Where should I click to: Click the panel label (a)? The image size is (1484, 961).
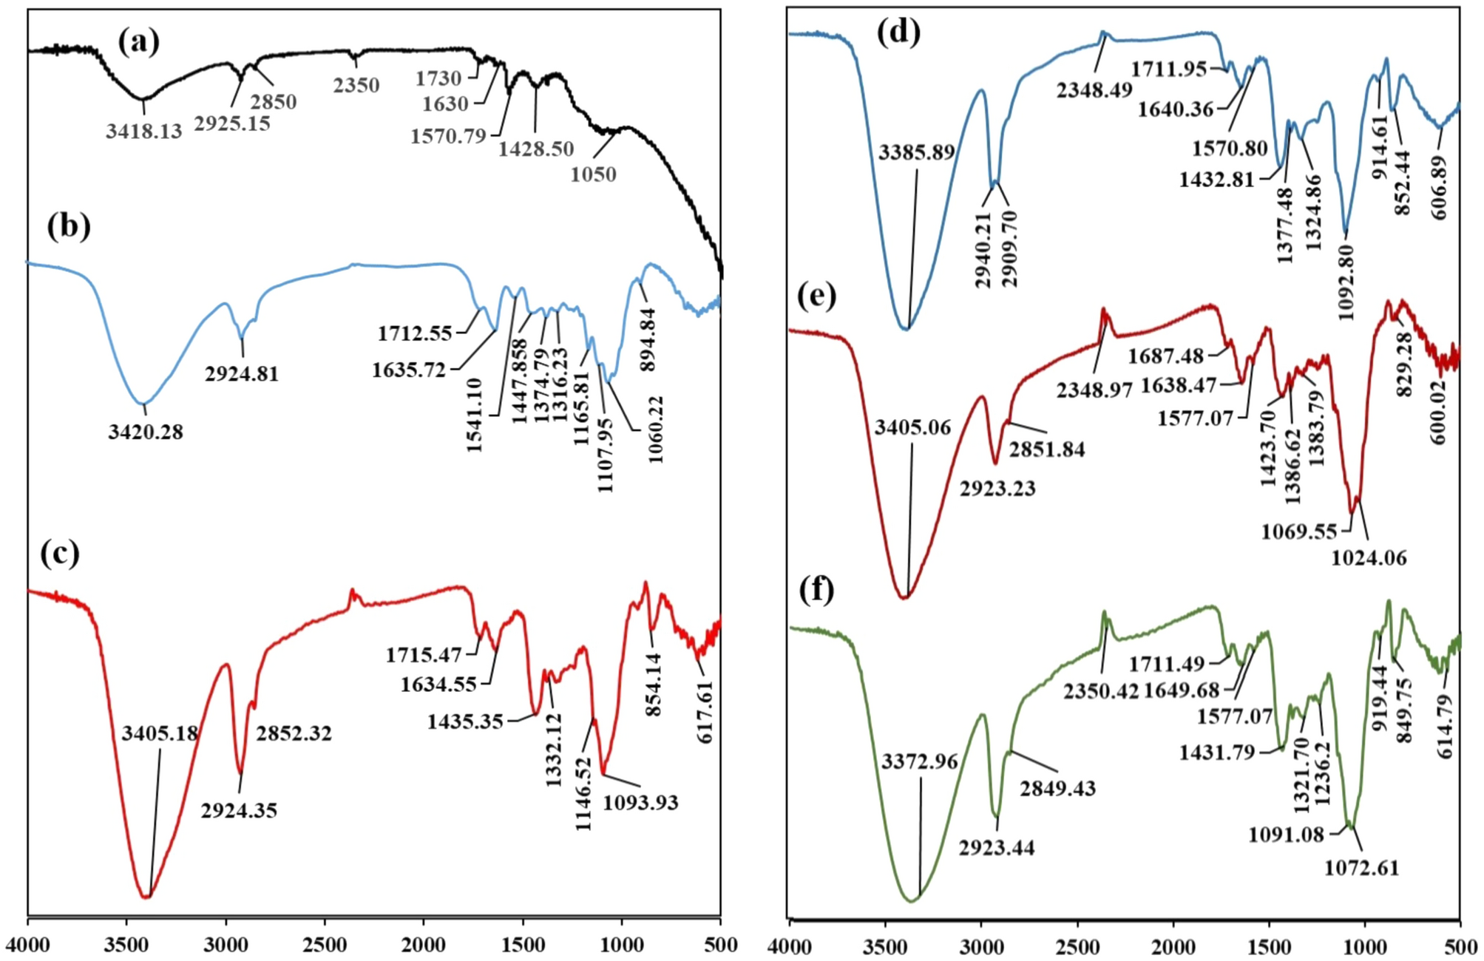tap(138, 43)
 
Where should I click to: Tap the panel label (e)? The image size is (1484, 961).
tap(817, 296)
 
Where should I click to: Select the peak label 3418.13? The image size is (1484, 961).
tap(143, 132)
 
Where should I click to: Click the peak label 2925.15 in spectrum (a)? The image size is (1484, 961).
tap(232, 123)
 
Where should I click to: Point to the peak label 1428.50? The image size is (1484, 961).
tap(535, 149)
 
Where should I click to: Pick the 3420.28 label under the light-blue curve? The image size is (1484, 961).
tap(146, 432)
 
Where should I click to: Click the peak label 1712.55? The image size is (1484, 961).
tap(415, 333)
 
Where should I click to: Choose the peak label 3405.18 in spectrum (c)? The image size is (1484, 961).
tap(160, 733)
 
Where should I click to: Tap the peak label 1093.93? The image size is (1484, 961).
tap(640, 802)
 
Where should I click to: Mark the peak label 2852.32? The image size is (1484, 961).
tap(294, 733)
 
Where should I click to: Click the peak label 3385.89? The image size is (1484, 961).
tap(917, 152)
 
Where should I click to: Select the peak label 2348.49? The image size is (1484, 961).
tap(1094, 90)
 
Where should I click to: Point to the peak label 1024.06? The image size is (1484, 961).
tap(1369, 558)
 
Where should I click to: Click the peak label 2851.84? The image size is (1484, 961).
tap(1047, 449)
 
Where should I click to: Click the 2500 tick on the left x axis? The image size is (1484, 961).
tap(325, 945)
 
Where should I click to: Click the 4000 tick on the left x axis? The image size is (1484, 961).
tap(28, 945)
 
